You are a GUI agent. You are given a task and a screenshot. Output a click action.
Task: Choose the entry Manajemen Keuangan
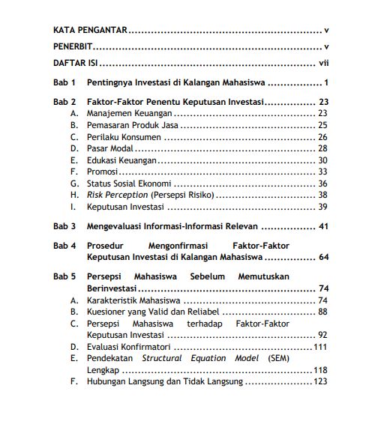(129, 113)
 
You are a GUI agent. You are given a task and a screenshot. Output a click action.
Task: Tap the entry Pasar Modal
(111, 148)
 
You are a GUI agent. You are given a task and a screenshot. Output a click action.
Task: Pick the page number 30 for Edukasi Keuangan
(322, 160)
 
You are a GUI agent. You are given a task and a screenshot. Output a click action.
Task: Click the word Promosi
(103, 172)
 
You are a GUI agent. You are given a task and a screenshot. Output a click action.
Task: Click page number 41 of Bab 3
(324, 225)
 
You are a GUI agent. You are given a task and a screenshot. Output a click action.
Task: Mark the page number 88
(322, 312)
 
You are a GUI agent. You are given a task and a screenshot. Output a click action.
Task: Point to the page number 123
(320, 381)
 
